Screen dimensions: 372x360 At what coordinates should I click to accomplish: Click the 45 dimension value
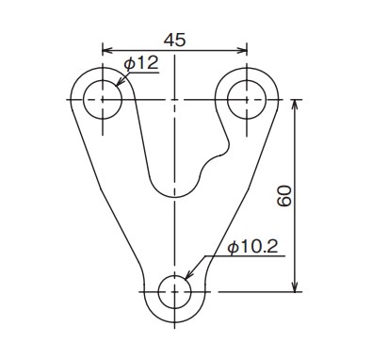pos(175,40)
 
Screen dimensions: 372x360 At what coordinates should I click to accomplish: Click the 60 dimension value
pos(284,196)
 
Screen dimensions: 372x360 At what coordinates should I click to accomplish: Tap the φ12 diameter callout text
pos(141,64)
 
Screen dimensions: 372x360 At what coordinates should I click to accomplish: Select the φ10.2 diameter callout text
pos(253,247)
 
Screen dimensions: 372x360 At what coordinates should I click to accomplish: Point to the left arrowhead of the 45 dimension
pos(106,50)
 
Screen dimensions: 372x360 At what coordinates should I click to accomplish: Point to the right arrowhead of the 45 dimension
pos(243,50)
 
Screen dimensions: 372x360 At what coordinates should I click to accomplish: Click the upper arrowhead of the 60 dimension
pos(295,105)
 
